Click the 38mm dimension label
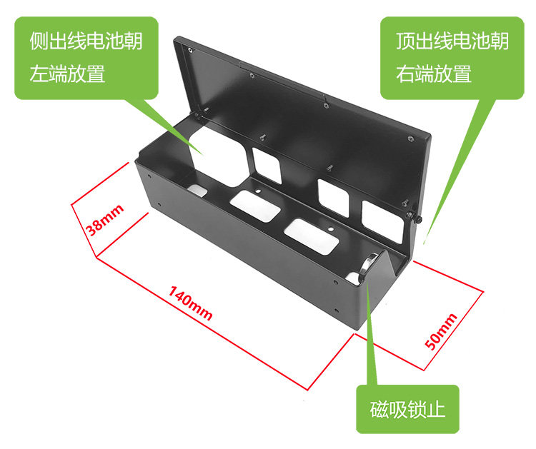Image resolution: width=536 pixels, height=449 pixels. coord(104,221)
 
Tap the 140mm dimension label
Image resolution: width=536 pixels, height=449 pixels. coord(190,303)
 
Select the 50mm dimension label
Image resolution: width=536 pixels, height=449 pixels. coord(441,332)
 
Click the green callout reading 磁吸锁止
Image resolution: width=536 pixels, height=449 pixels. coord(407,410)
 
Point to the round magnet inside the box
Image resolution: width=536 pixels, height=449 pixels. coord(367,266)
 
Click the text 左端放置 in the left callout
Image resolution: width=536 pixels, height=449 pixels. coord(67,74)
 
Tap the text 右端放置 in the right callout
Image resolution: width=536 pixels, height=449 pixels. coord(434,74)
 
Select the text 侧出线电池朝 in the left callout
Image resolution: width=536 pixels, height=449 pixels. coord(86,41)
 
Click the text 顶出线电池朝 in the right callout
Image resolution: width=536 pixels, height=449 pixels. coord(452,41)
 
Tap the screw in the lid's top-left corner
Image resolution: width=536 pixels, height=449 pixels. coord(191,51)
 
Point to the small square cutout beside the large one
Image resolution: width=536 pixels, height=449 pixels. coord(267,166)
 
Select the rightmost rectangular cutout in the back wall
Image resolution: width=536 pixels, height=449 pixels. coord(383,221)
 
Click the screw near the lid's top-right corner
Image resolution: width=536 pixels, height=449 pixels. coord(411,138)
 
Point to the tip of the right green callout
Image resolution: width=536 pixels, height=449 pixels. coord(425,243)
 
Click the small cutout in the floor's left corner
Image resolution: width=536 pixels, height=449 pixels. coord(197,190)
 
